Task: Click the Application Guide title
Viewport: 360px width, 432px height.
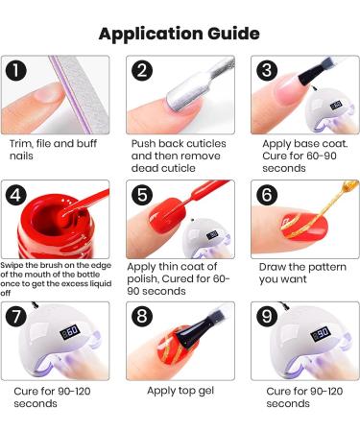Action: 180,34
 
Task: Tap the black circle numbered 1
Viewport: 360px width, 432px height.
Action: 15,71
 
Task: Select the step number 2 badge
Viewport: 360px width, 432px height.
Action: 142,71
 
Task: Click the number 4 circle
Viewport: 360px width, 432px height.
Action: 15,195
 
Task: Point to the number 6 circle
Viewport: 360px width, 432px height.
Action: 267,195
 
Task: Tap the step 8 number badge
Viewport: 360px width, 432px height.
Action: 142,316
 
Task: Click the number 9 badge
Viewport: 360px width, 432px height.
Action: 267,316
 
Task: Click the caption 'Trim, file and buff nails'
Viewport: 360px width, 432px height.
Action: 53,150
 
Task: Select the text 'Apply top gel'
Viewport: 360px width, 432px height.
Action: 180,391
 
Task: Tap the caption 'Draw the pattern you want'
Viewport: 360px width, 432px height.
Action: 302,273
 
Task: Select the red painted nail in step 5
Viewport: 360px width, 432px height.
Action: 167,214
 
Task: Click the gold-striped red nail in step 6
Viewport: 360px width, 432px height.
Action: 304,227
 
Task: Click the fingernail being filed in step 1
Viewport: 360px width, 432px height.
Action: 48,93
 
